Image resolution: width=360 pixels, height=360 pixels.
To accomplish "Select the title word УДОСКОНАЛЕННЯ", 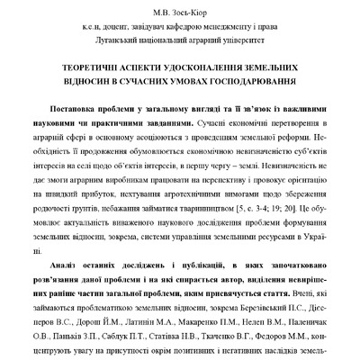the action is (x=199, y=67).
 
